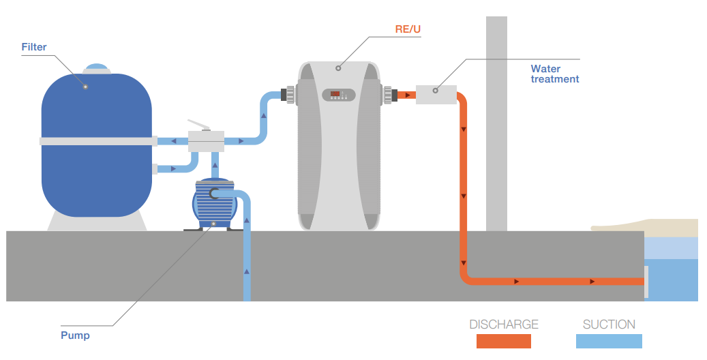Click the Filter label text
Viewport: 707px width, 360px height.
click(34, 47)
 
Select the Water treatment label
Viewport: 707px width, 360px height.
click(554, 74)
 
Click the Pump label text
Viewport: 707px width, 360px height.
click(75, 335)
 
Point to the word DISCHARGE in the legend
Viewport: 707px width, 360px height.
click(504, 325)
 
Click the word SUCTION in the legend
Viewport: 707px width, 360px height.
click(609, 325)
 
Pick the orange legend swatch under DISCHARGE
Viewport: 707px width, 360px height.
click(504, 341)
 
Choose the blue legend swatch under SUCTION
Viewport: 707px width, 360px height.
click(609, 341)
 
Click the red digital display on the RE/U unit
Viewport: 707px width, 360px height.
click(335, 93)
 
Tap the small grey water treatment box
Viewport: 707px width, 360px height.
click(436, 94)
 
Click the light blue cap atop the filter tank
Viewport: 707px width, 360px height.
click(96, 69)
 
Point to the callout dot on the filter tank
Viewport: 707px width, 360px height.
click(85, 87)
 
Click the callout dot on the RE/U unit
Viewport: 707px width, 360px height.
click(338, 68)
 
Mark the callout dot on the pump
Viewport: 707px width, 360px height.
click(213, 224)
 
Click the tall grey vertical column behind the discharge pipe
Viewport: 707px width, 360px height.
click(496, 123)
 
